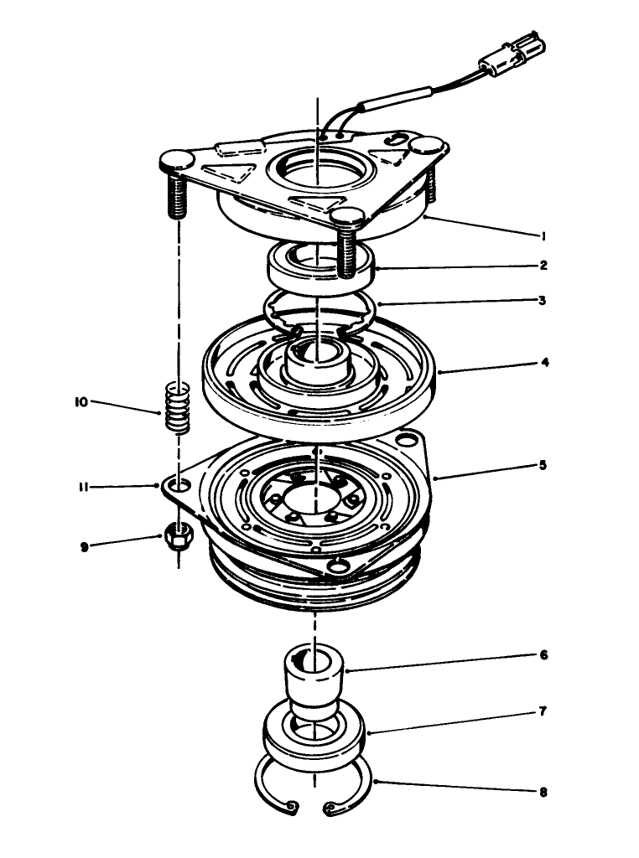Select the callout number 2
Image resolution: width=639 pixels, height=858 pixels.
[x=544, y=266]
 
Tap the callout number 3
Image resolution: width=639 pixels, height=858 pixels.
[x=544, y=300]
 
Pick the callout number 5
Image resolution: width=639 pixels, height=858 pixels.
[x=544, y=464]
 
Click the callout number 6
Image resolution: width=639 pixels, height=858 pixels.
[x=544, y=655]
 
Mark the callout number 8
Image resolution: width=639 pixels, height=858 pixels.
[x=544, y=790]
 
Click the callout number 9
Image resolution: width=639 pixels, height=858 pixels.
[x=84, y=546]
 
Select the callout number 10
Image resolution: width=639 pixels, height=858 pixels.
[x=81, y=401]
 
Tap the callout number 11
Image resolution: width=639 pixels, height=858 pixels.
[x=84, y=485]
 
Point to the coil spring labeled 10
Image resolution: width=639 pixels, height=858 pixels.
[x=176, y=407]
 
